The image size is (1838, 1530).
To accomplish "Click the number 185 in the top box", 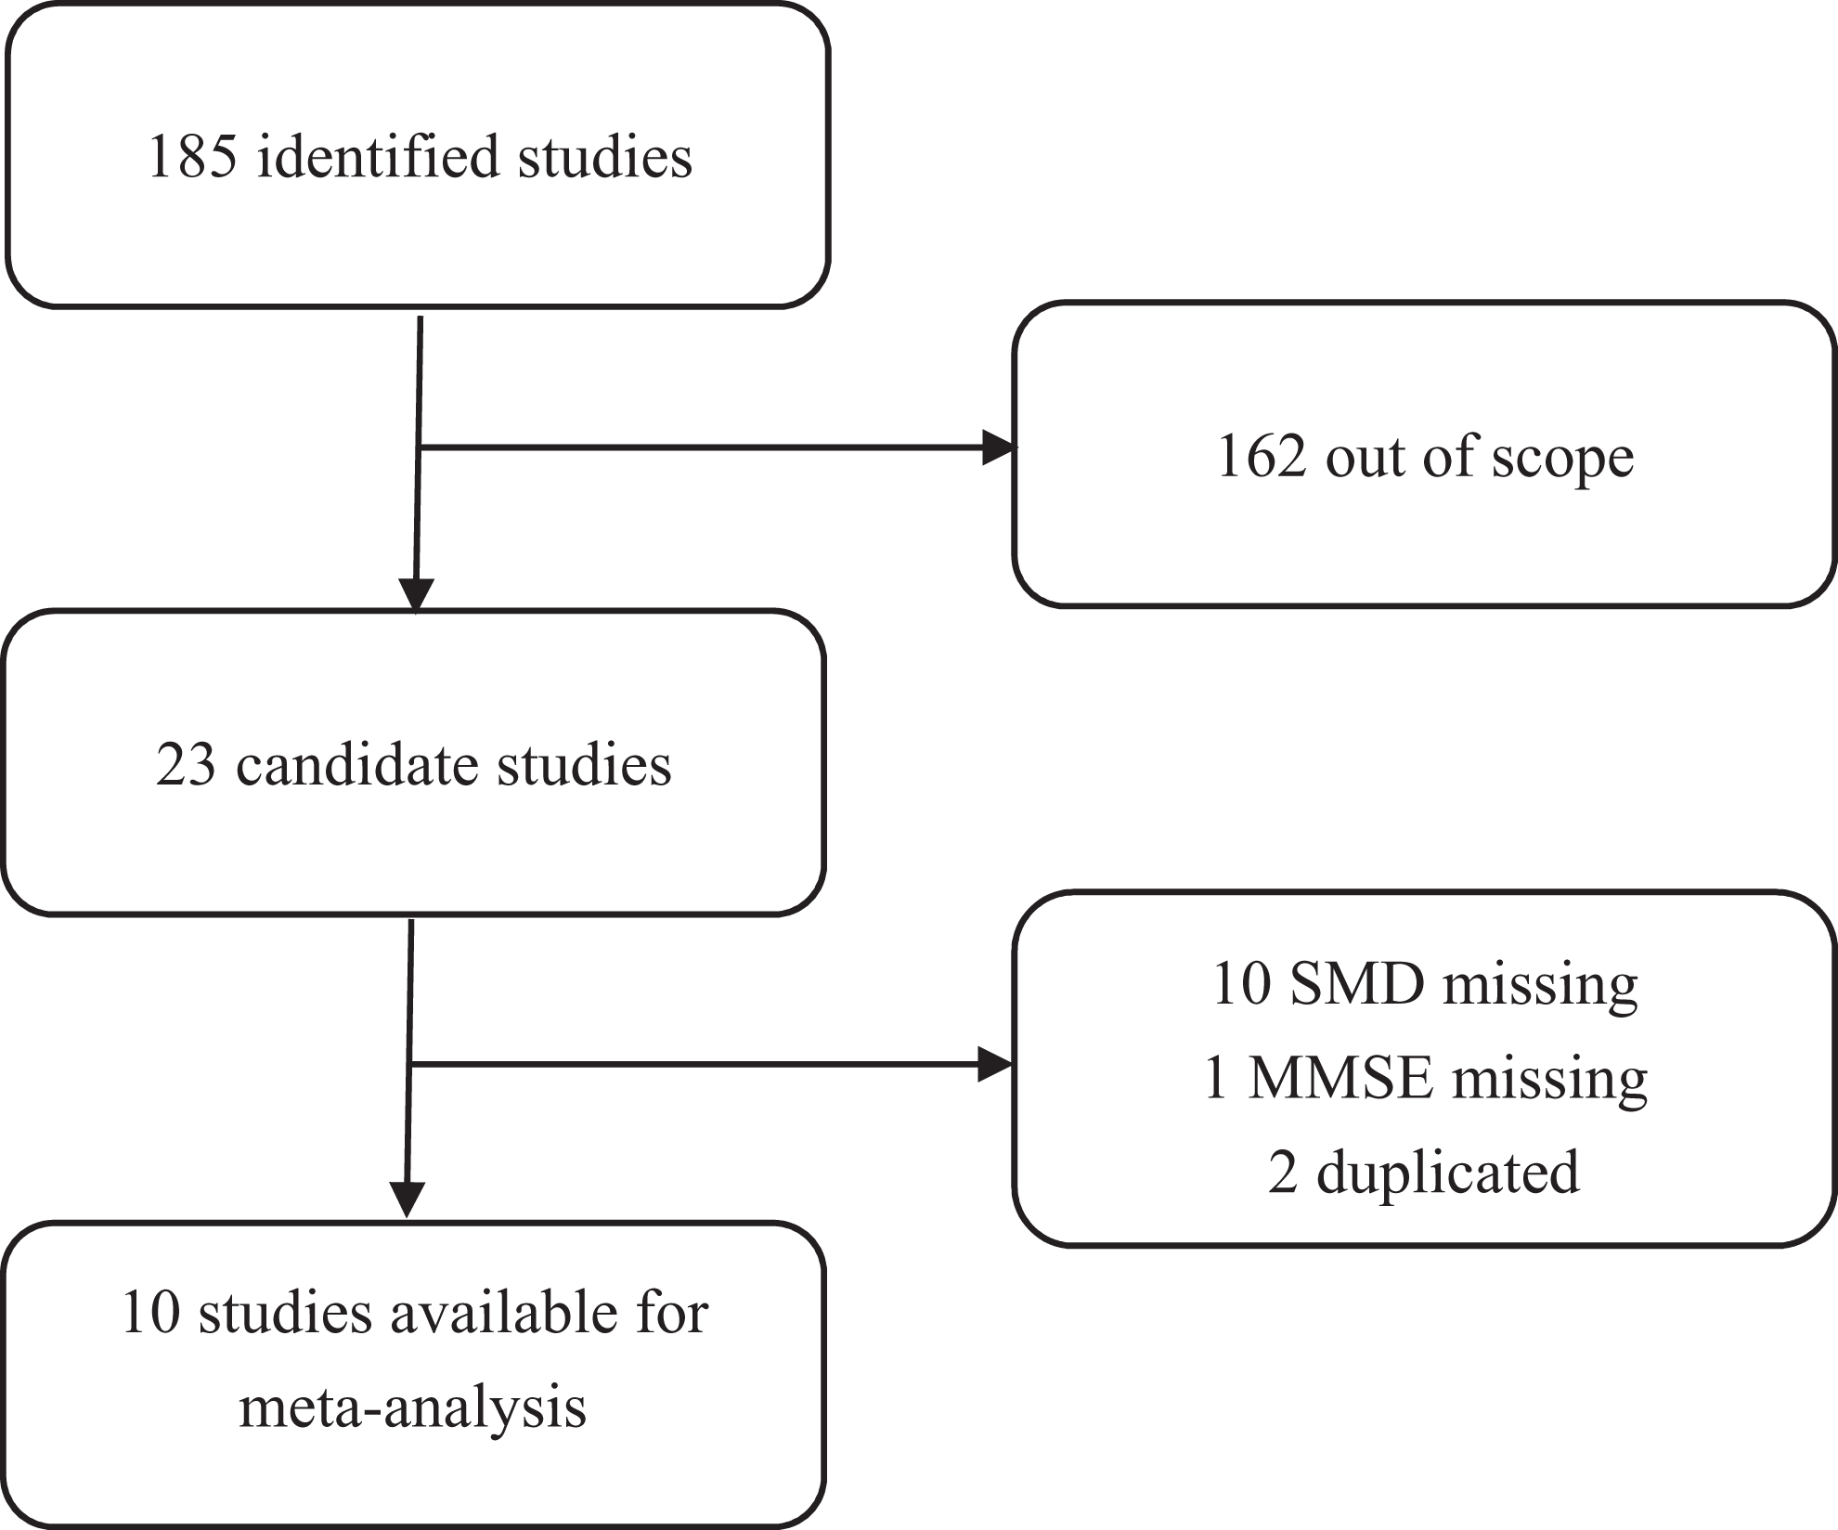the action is [x=192, y=156].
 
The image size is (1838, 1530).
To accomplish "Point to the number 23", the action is [x=186, y=766].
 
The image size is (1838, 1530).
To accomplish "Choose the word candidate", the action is [x=357, y=765].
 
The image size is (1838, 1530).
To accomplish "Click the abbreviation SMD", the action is [x=1357, y=984].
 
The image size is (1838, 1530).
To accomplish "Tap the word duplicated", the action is [x=1448, y=1172].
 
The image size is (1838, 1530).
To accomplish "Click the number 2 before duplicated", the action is [x=1283, y=1173].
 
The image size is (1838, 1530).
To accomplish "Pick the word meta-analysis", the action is [x=413, y=1408].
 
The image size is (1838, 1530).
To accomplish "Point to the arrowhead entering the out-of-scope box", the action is [x=999, y=447].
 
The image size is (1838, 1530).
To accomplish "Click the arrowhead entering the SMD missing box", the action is [x=995, y=1064].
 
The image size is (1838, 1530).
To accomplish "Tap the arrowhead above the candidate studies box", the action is [x=416, y=595].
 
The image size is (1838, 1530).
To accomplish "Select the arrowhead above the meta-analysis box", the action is [x=407, y=1199].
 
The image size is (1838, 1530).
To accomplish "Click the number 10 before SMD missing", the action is [x=1241, y=985].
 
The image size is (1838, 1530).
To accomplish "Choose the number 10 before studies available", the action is [x=149, y=1315].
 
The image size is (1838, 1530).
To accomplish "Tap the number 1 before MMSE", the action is [x=1215, y=1079].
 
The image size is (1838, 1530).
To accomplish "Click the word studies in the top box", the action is [x=605, y=156].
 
